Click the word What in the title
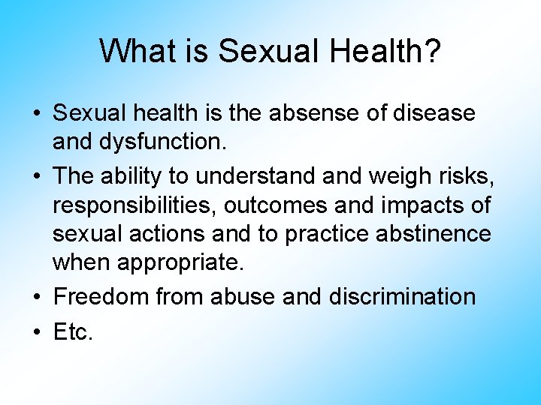[x=132, y=52]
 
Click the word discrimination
[x=402, y=297]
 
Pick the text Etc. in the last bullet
[x=73, y=332]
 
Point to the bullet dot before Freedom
[x=37, y=298]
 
